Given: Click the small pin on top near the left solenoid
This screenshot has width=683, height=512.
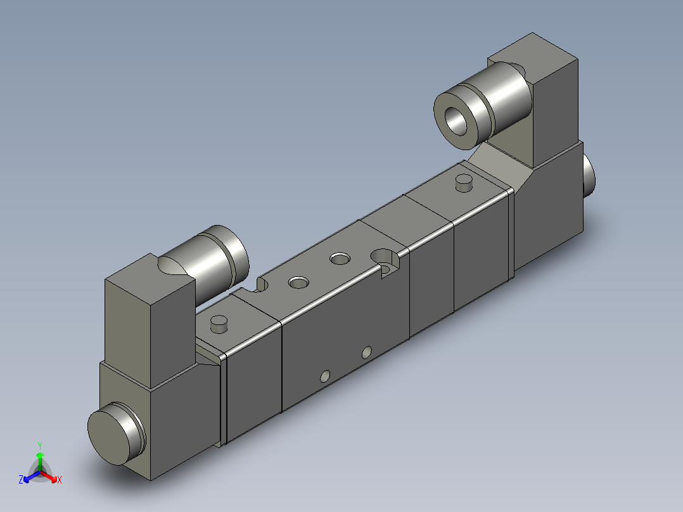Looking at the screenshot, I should [x=219, y=324].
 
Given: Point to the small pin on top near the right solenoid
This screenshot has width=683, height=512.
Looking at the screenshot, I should [x=464, y=184].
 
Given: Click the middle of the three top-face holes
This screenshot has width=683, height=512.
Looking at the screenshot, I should [x=340, y=259].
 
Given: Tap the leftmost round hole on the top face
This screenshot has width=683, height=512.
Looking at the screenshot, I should [x=297, y=282].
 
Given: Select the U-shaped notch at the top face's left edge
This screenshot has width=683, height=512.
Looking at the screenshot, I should [x=259, y=285].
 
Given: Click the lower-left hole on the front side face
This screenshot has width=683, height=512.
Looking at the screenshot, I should [x=325, y=376].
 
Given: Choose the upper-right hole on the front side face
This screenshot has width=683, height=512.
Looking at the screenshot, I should [x=367, y=352].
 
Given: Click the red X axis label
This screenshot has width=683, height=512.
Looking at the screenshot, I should [x=59, y=480].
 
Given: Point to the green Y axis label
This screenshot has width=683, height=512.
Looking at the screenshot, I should [x=39, y=445].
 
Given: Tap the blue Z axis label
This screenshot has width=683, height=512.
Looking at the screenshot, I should [x=21, y=480].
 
